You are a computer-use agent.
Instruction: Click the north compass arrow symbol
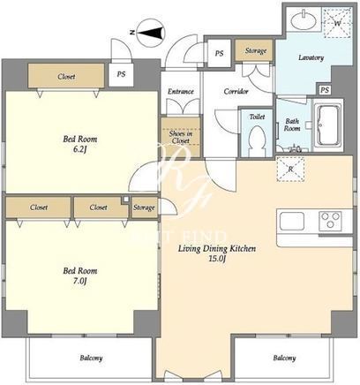click(x=152, y=33)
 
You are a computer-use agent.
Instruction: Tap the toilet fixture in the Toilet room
click(x=257, y=140)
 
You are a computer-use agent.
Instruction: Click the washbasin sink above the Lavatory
click(x=304, y=20)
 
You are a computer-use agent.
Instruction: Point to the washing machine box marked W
click(x=337, y=23)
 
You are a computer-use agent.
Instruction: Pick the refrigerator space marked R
click(x=290, y=169)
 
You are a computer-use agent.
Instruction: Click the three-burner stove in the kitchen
click(x=330, y=221)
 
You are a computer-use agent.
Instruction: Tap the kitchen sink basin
click(x=292, y=221)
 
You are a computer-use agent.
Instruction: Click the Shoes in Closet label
click(x=181, y=137)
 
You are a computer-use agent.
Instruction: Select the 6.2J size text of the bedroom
click(x=79, y=149)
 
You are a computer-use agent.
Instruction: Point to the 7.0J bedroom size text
click(x=79, y=281)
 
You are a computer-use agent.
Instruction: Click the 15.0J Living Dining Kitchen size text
click(x=217, y=259)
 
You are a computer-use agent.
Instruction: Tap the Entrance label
click(x=181, y=92)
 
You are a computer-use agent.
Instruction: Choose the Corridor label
click(x=236, y=92)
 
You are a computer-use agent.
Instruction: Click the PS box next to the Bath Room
click(x=325, y=90)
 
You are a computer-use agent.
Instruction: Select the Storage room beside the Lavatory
click(x=255, y=50)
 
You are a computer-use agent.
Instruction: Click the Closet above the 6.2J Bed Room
click(x=66, y=76)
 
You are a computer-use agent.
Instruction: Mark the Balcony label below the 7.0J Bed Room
click(x=91, y=358)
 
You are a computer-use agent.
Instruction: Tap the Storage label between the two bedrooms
click(x=144, y=208)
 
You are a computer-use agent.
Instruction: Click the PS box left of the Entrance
click(x=121, y=74)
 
